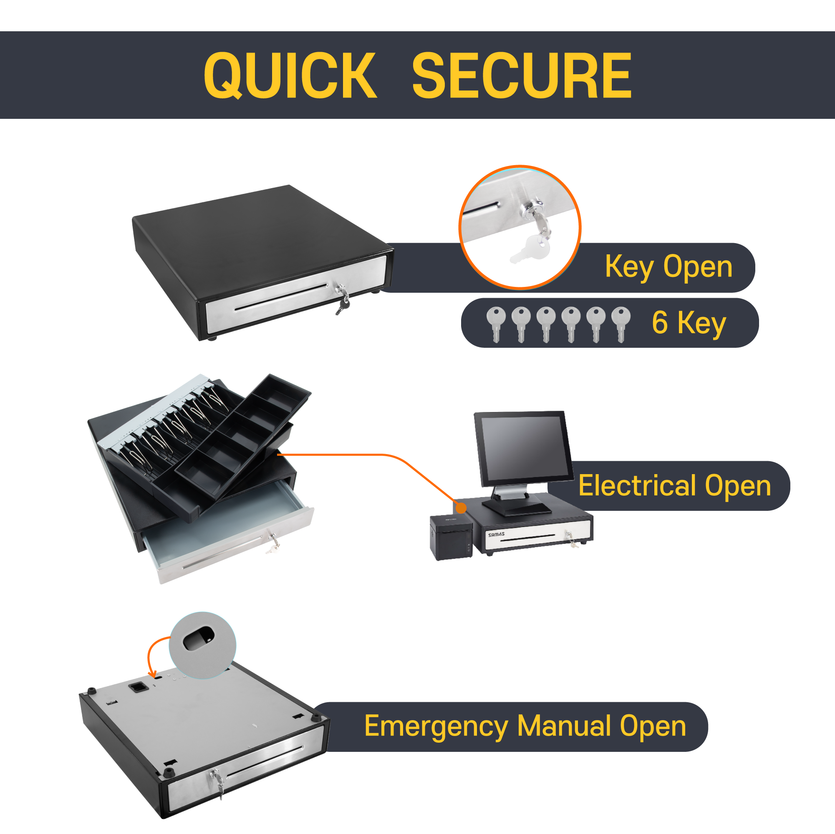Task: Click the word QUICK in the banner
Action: coord(290,75)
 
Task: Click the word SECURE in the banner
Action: coord(522,75)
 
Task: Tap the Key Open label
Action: coord(668,266)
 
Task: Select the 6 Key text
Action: coord(689,322)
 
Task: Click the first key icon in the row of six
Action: coord(496,324)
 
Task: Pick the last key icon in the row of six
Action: coord(621,324)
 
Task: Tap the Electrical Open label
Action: coord(674,485)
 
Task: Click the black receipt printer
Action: coord(451,537)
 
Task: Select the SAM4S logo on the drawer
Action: coord(496,534)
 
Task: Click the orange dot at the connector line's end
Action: coord(461,508)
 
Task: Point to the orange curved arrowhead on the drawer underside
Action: coord(152,675)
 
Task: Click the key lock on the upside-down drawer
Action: coord(217,776)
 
